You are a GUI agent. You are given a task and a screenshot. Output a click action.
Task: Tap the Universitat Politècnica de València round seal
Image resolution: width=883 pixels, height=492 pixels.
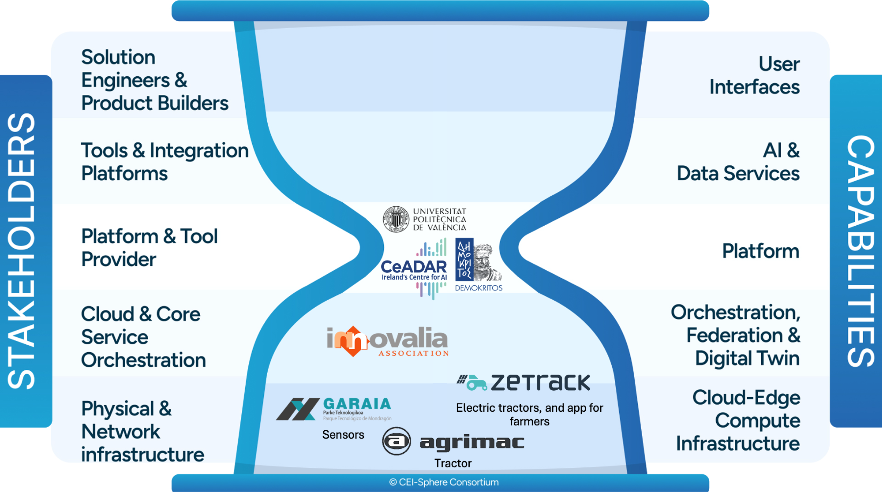396,219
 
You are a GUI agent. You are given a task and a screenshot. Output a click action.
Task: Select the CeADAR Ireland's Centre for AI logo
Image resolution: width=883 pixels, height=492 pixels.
414,269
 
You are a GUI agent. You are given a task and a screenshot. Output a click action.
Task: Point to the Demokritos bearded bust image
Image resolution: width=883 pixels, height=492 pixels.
487,262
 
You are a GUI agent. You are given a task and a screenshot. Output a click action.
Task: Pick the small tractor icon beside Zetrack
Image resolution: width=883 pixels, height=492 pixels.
472,382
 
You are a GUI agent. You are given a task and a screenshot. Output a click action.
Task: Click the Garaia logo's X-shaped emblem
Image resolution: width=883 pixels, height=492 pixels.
298,409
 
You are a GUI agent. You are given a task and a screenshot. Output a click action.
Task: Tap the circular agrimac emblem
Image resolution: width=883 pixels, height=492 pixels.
396,441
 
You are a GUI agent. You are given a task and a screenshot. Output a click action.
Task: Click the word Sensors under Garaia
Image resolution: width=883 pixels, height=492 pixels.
343,435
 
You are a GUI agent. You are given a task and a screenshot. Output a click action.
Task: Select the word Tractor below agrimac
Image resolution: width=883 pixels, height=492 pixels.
453,463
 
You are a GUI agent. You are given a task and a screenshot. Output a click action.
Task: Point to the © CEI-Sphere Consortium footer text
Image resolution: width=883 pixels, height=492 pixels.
444,482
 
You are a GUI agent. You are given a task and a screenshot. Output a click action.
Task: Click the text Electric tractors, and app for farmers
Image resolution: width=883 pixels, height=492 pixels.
529,414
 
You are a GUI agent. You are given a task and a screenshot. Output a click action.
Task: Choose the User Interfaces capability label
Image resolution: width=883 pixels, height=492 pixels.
755,75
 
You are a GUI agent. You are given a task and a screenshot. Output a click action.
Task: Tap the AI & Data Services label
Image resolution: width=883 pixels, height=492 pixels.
739,162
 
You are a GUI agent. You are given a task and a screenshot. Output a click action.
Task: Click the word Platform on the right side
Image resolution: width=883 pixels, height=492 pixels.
760,251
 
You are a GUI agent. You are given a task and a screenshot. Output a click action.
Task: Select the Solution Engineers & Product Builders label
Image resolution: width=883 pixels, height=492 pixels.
154,80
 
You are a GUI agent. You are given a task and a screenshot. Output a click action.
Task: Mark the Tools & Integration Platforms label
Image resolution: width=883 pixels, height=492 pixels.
164,162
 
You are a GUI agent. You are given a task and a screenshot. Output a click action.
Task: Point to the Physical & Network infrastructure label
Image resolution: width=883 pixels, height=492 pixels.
142,431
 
